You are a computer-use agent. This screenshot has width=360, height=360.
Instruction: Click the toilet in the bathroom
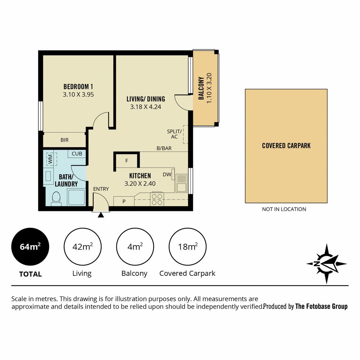[x=56, y=199]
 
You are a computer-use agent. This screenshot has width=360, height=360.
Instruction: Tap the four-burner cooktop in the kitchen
[x=157, y=199]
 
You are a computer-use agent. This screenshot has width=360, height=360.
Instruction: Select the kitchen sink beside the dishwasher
[x=181, y=183]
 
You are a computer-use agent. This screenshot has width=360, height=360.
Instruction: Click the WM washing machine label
[x=50, y=159]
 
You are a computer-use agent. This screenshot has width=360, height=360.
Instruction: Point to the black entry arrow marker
[x=101, y=215]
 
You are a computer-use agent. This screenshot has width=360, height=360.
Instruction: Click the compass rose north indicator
[x=326, y=264]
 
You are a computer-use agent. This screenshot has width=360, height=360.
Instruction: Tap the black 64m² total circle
[x=30, y=246]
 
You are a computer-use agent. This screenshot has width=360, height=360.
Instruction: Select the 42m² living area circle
[x=82, y=246]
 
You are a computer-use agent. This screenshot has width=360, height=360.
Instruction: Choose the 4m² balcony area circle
[x=135, y=246]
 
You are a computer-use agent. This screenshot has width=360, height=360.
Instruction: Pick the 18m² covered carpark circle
[x=187, y=246]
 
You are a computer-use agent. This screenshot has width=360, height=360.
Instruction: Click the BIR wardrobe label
[x=64, y=140]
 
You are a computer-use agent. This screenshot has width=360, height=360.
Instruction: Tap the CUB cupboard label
[x=77, y=154]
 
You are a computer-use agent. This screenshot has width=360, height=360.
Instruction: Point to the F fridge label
[x=127, y=161]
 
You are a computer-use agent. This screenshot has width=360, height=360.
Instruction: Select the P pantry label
[x=124, y=201]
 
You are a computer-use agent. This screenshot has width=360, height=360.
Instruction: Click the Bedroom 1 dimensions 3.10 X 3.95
[x=78, y=94]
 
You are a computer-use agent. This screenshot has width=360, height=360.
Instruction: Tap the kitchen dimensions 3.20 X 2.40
[x=140, y=184]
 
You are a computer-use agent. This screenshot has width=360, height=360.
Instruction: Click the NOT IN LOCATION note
[x=284, y=209]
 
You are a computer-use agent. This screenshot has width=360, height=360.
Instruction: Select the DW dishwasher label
[x=167, y=175]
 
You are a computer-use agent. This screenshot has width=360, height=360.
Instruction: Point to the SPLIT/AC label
[x=174, y=134]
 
